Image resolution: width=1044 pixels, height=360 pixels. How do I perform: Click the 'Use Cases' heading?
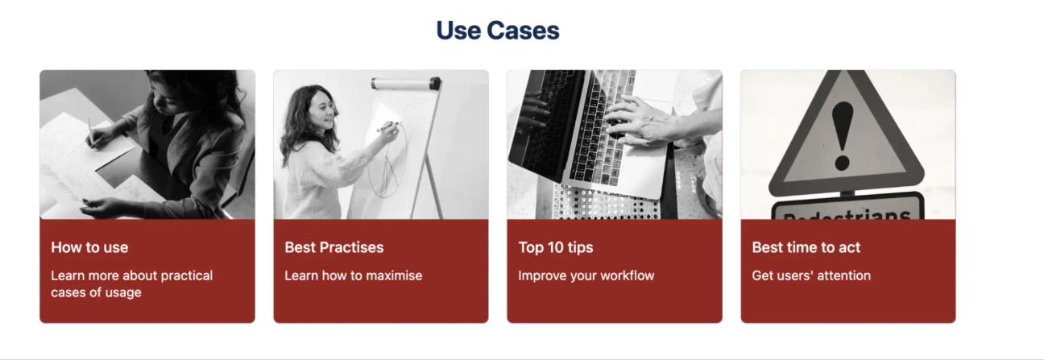(x=497, y=31)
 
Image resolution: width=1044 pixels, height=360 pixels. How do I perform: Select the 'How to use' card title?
(x=89, y=247)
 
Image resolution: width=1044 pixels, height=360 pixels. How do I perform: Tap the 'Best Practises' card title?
(x=334, y=247)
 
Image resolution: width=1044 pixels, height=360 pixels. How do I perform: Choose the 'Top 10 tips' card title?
(x=556, y=247)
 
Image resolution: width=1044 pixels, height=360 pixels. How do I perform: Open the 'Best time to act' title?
(x=806, y=247)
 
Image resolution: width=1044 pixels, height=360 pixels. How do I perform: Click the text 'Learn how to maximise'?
(x=353, y=275)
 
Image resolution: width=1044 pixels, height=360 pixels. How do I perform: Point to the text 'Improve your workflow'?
(x=586, y=275)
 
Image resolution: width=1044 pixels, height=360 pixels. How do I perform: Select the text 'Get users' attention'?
(x=811, y=275)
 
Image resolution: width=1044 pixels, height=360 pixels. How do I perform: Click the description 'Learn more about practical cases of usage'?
(x=131, y=283)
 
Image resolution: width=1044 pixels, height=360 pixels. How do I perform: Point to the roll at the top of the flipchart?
(x=405, y=82)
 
